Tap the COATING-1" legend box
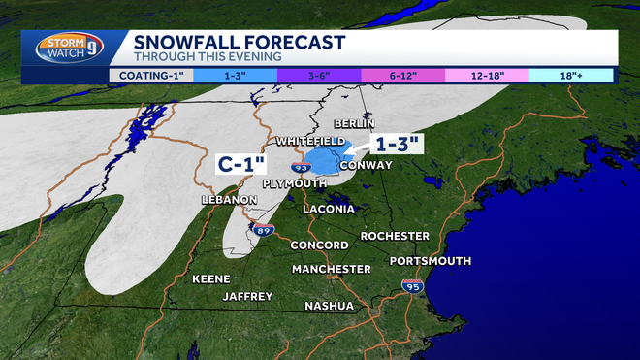coord(150,73)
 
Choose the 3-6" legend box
coord(318,73)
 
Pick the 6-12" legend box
coord(402,73)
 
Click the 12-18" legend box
coord(486,73)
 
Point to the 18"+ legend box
coord(571,73)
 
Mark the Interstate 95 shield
coord(412,285)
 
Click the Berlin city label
coord(353,124)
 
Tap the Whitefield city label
coord(310,142)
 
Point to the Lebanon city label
coord(228,200)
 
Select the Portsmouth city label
coord(430,261)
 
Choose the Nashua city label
coord(329,306)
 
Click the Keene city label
coord(210,278)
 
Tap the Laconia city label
coord(330,210)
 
